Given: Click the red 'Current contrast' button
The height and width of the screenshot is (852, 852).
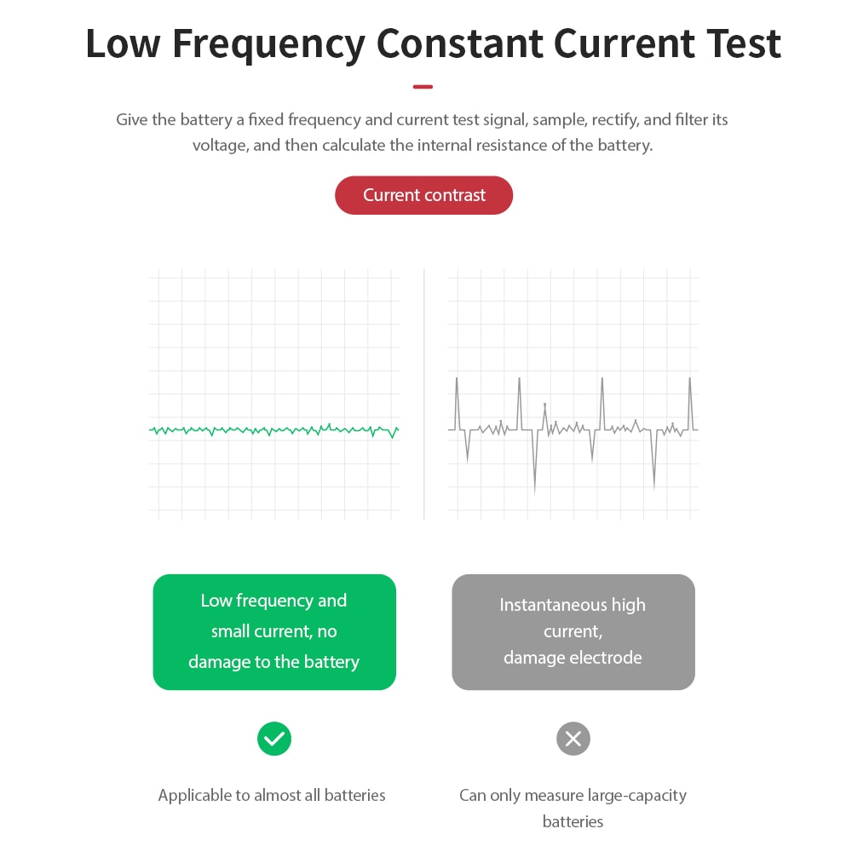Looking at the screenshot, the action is tap(423, 195).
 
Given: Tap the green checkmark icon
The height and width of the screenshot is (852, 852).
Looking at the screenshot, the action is tap(274, 739).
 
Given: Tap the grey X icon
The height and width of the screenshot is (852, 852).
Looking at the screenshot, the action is tap(573, 739).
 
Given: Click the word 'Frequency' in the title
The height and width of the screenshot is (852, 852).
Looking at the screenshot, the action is tap(269, 44).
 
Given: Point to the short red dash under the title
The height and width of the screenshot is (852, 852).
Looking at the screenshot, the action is tap(423, 86).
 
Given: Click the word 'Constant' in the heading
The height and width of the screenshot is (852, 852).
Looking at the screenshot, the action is tap(460, 43).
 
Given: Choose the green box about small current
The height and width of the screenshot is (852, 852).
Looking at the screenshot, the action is tap(274, 632).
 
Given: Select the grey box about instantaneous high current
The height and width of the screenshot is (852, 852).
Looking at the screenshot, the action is tap(573, 632).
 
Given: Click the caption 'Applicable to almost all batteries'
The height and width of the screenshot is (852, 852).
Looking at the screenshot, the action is tap(272, 795).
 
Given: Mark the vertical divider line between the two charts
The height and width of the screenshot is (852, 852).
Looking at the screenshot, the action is tap(423, 394).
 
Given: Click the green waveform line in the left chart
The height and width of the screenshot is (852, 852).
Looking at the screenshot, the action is tap(273, 431).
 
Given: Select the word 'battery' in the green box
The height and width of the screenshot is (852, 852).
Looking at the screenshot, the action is tap(331, 662).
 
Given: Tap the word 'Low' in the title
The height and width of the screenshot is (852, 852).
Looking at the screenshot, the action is tap(124, 43).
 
